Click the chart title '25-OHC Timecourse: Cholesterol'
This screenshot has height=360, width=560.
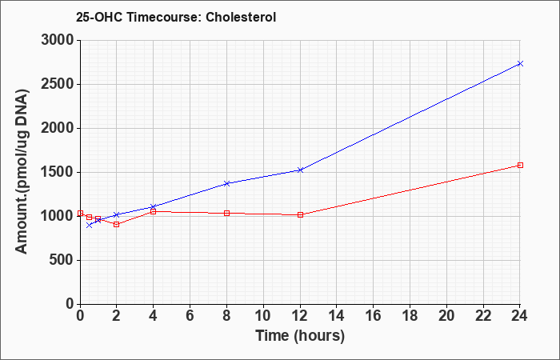pyautogui.click(x=176, y=17)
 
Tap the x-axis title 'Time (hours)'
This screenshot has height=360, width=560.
pyautogui.click(x=300, y=336)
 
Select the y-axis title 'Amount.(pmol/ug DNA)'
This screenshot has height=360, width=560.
pyautogui.click(x=22, y=171)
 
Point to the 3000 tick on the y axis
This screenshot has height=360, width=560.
pyautogui.click(x=58, y=40)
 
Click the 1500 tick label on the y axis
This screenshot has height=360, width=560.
pyautogui.click(x=58, y=173)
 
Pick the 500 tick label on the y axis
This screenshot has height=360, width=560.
pyautogui.click(x=62, y=260)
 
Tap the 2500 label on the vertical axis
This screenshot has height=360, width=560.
pyautogui.click(x=58, y=84)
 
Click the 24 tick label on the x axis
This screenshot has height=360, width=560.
pyautogui.click(x=520, y=316)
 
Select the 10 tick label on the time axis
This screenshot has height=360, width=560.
pyautogui.click(x=263, y=316)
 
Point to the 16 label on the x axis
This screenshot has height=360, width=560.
pyautogui.click(x=374, y=316)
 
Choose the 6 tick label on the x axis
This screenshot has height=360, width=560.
pyautogui.click(x=190, y=316)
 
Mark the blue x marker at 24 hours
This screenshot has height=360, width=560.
pyautogui.click(x=520, y=63)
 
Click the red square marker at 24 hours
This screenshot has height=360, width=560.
pyautogui.click(x=520, y=165)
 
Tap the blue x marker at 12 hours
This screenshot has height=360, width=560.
pyautogui.click(x=300, y=170)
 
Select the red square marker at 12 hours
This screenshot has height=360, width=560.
pyautogui.click(x=300, y=214)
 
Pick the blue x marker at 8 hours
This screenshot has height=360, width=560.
pyautogui.click(x=226, y=183)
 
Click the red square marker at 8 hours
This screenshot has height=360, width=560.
pyautogui.click(x=226, y=214)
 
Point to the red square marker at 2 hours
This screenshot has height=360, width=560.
pyautogui.click(x=117, y=224)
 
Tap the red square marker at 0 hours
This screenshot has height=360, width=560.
pyautogui.click(x=80, y=214)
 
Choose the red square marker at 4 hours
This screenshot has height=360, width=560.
pyautogui.click(x=154, y=211)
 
